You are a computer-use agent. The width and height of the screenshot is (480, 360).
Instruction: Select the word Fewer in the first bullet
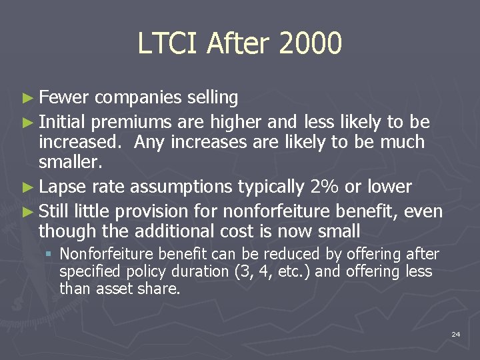[x=63, y=98]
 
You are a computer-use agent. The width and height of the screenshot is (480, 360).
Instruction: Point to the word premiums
[x=135, y=122]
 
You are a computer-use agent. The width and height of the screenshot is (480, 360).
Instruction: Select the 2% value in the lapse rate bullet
[x=331, y=187]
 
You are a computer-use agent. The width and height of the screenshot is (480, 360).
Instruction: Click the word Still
[x=54, y=211]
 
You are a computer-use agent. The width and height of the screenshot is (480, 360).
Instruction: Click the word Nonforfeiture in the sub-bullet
[x=99, y=254]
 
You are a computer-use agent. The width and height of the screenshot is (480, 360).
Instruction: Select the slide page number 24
[x=455, y=334]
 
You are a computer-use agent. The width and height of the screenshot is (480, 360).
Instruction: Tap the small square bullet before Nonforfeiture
[x=49, y=254]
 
